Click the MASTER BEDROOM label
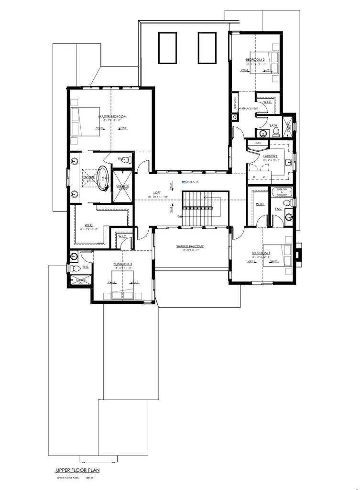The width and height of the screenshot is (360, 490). coord(112,117)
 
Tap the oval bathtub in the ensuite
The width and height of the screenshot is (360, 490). coord(103,177)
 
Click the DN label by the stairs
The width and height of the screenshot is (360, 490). coord(179,216)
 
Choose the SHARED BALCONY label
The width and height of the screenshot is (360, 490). coord(190,246)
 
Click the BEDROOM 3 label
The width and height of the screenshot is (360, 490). coord(122,264)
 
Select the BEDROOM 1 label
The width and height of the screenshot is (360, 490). coord(261,253)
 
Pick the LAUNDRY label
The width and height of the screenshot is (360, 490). coord(271,156)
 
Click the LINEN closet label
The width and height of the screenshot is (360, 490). coord(258,143)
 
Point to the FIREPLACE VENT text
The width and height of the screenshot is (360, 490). coord(249,109)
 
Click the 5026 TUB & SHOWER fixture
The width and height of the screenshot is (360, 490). coord(282,192)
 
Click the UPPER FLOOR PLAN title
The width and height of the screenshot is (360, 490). coord(77,470)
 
